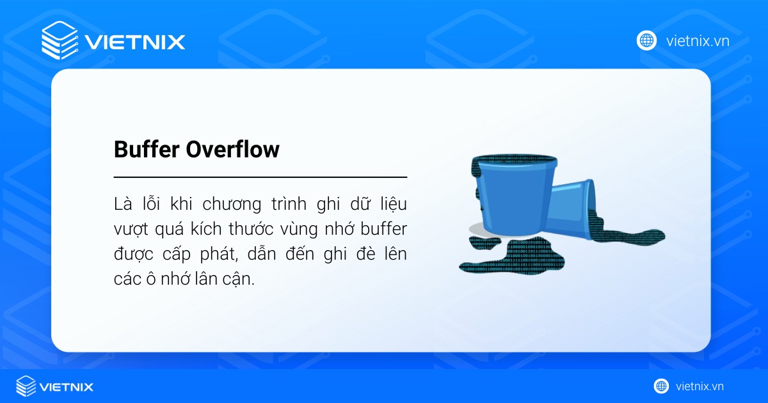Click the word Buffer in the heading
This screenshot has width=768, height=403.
(x=147, y=150)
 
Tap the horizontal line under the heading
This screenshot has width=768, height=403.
(x=260, y=177)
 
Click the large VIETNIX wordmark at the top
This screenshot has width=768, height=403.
(x=135, y=42)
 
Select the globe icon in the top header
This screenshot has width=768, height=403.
(x=646, y=41)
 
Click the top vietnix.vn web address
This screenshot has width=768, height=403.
(x=698, y=42)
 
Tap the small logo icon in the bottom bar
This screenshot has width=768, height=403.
(x=26, y=386)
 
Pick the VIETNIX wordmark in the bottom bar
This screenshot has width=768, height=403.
(x=67, y=387)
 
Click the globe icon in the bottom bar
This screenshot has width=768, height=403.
(x=661, y=386)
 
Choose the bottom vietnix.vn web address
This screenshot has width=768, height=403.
(x=700, y=386)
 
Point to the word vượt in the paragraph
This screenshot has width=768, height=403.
(x=130, y=230)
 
